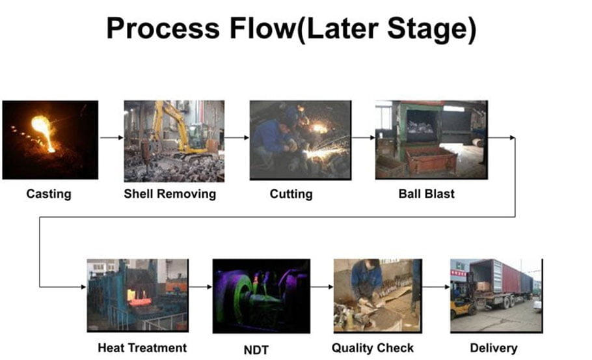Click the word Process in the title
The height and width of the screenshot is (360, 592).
(163, 29)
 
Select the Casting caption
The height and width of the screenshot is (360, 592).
(49, 194)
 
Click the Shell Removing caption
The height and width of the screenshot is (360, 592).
(170, 194)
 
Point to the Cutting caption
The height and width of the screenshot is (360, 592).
(291, 194)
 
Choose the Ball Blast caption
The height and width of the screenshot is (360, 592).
(427, 194)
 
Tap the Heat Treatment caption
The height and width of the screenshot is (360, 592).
(142, 348)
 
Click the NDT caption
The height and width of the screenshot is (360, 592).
(256, 350)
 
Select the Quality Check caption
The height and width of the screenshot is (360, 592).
(373, 348)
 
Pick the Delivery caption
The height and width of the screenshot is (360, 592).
(494, 348)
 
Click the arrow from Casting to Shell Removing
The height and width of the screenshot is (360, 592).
(112, 137)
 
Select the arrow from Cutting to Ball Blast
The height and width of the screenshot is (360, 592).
(363, 137)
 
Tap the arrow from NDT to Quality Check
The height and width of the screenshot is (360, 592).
(321, 286)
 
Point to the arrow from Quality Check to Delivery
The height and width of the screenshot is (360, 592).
(436, 286)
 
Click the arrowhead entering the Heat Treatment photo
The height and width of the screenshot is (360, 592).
(84, 286)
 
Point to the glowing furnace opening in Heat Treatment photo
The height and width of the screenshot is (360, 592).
(139, 297)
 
